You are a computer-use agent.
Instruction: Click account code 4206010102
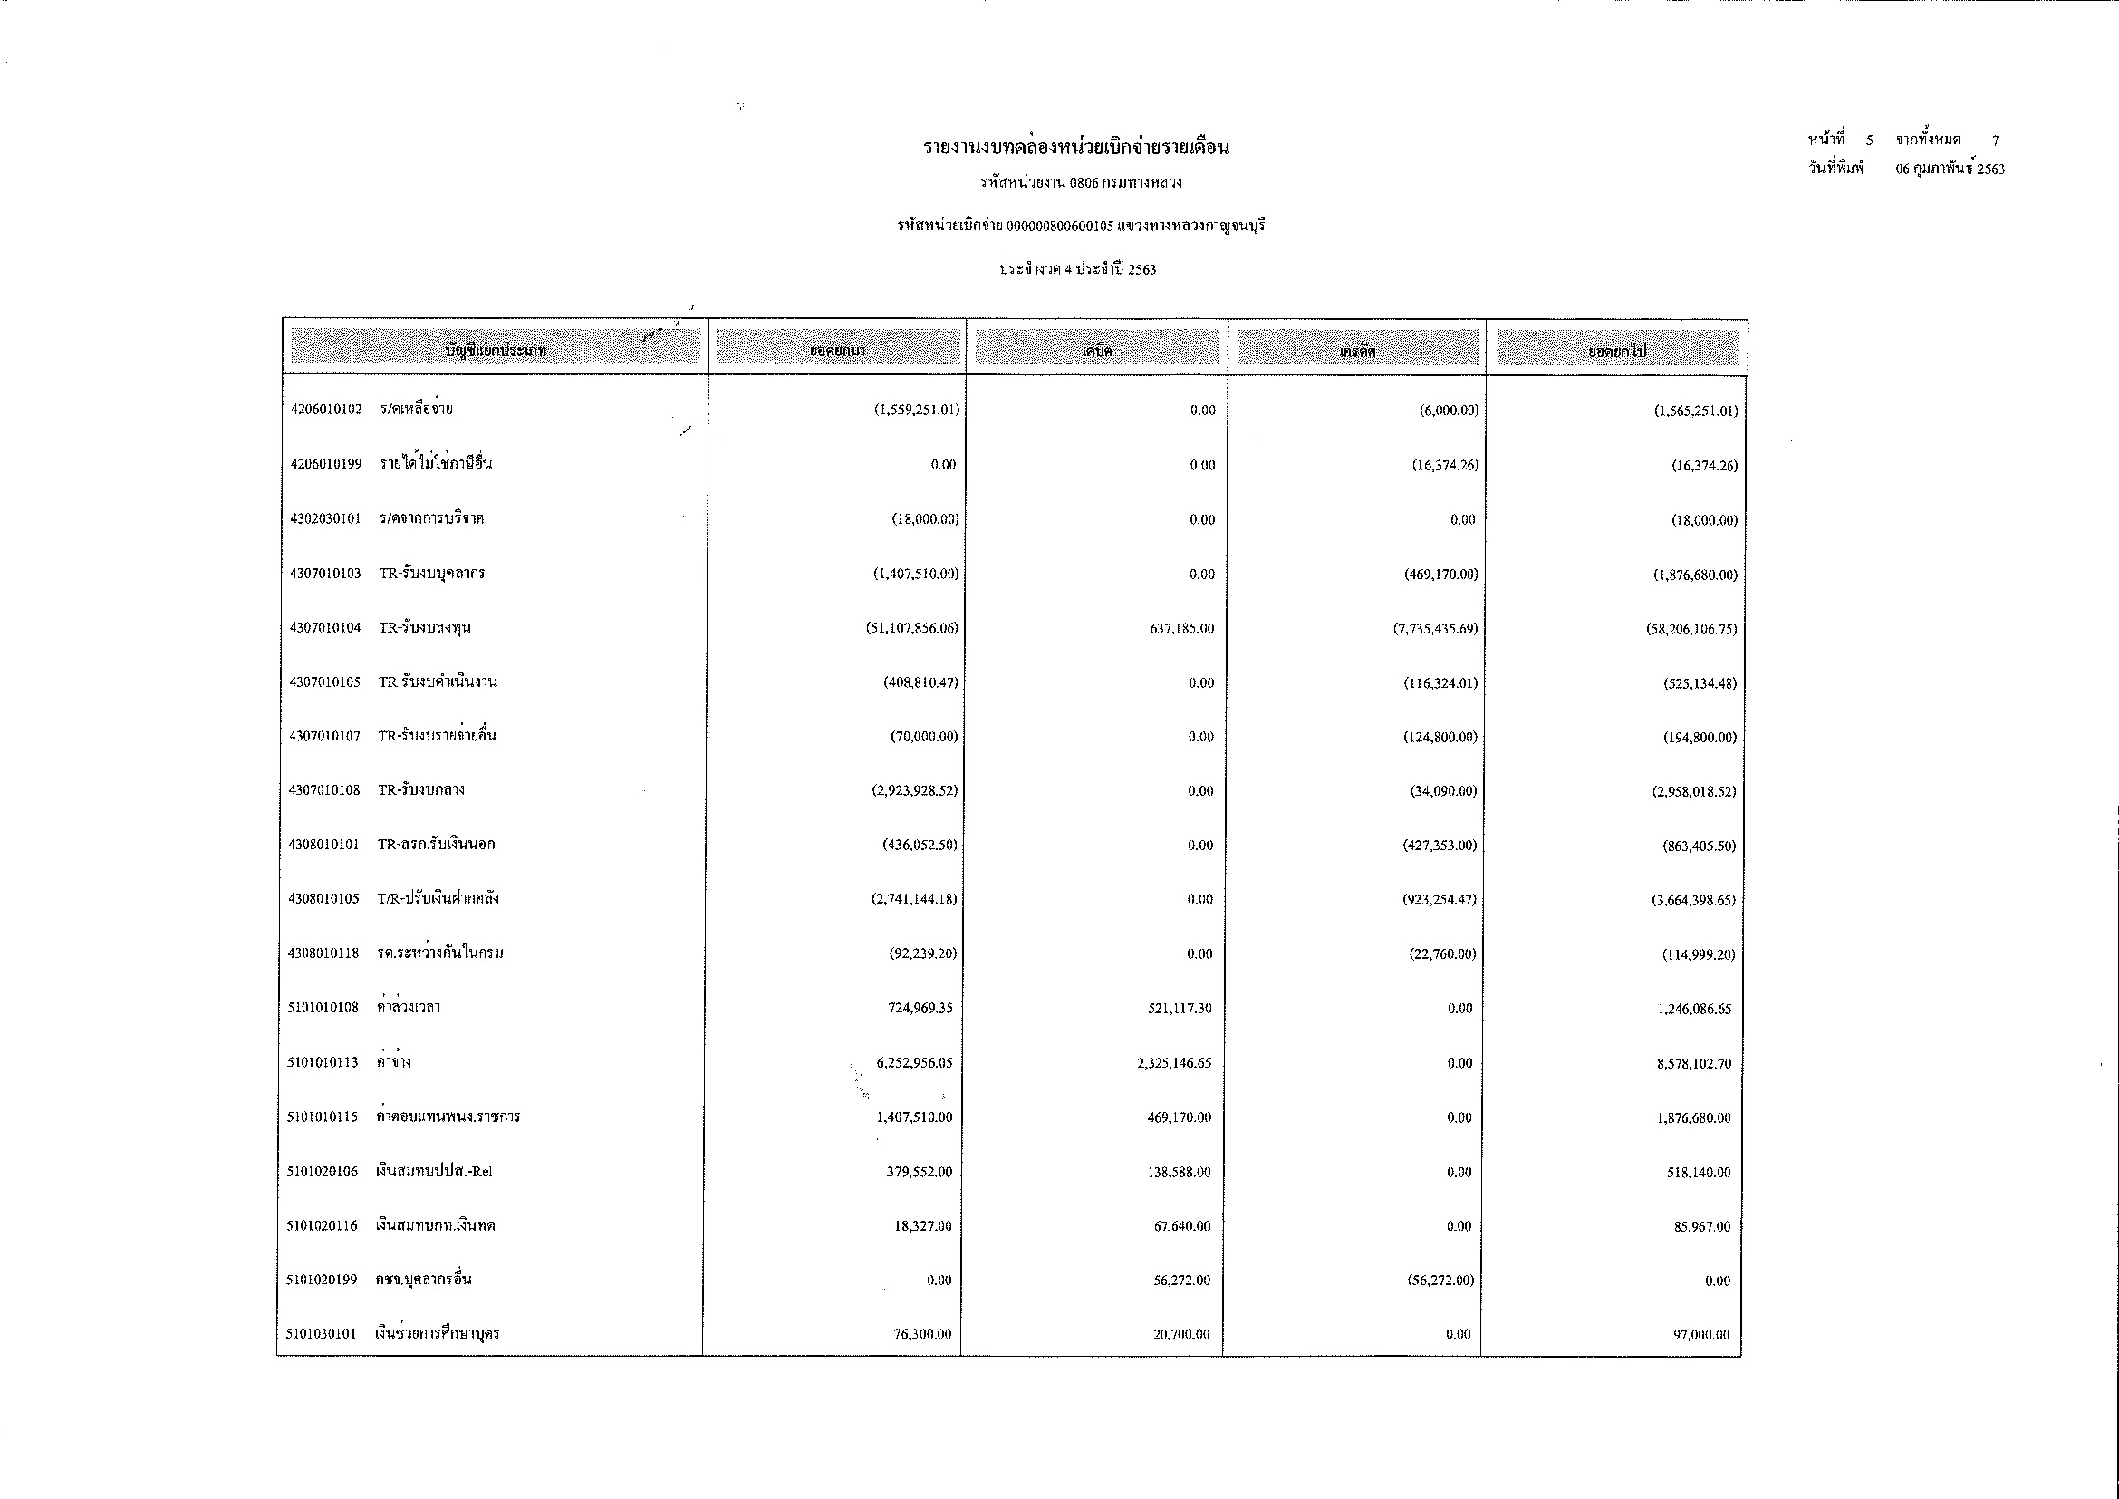pyautogui.click(x=326, y=410)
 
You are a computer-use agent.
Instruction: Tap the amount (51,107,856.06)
pyautogui.click(x=906, y=629)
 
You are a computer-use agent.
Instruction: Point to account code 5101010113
pyautogui.click(x=323, y=1062)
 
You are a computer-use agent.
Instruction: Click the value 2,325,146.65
pyautogui.click(x=1174, y=1063)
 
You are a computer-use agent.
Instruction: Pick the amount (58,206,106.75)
pyautogui.click(x=1691, y=630)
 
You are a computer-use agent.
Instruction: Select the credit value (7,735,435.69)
pyautogui.click(x=1435, y=629)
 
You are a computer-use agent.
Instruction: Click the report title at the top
pyautogui.click(x=1076, y=148)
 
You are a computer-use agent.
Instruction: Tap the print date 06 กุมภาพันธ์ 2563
pyautogui.click(x=1950, y=169)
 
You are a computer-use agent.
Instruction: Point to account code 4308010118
pyautogui.click(x=323, y=953)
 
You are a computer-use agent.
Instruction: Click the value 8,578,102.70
pyautogui.click(x=1693, y=1064)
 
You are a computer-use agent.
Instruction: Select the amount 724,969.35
pyautogui.click(x=920, y=1008)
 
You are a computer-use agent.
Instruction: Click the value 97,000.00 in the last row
pyautogui.click(x=1702, y=1335)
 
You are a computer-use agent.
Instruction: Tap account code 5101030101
pyautogui.click(x=322, y=1334)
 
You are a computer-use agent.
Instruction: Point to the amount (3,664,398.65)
pyautogui.click(x=1693, y=900)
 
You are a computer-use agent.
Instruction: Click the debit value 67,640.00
pyautogui.click(x=1182, y=1226)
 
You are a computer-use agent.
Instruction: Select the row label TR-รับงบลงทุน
pyautogui.click(x=425, y=628)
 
